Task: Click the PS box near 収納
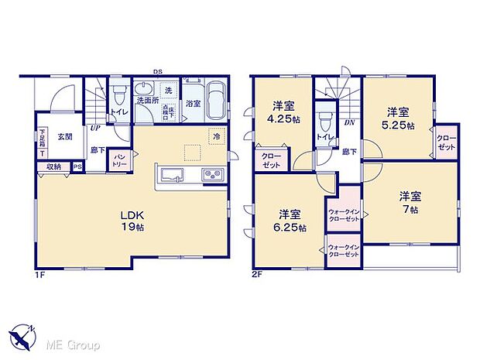click(77, 166)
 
